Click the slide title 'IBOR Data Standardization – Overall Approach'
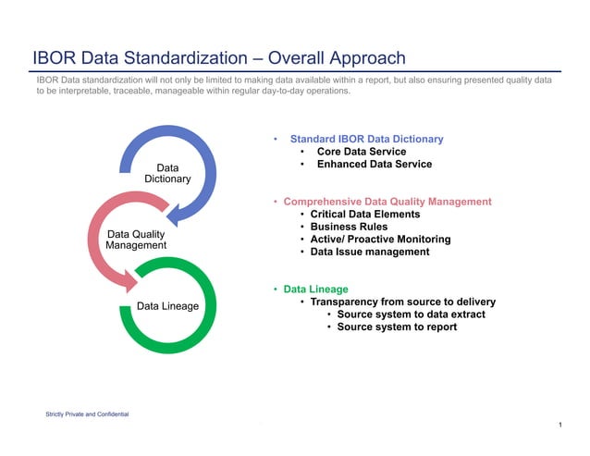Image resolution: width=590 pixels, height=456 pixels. pos(218,57)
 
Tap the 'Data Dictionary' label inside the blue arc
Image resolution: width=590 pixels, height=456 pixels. pos(167,173)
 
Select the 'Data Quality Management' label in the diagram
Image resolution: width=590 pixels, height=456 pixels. pos(136,240)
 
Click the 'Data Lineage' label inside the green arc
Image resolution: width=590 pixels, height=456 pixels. pos(167,305)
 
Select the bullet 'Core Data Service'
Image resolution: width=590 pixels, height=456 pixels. pos(361,152)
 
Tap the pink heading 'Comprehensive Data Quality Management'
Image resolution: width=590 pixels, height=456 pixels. pos(387,201)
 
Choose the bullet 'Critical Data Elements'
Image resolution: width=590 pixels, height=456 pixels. pos(364,214)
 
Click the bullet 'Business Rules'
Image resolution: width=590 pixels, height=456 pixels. pos(349,227)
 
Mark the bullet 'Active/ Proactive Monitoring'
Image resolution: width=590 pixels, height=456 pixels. pos(380,239)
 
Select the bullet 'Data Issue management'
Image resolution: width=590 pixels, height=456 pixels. pos(370,252)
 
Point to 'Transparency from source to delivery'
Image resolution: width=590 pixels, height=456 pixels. pos(402,302)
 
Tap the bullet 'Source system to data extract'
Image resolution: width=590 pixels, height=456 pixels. pos(411,314)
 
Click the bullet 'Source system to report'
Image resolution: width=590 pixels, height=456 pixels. pos(397,327)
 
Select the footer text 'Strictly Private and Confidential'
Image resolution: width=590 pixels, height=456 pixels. pos(87,413)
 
